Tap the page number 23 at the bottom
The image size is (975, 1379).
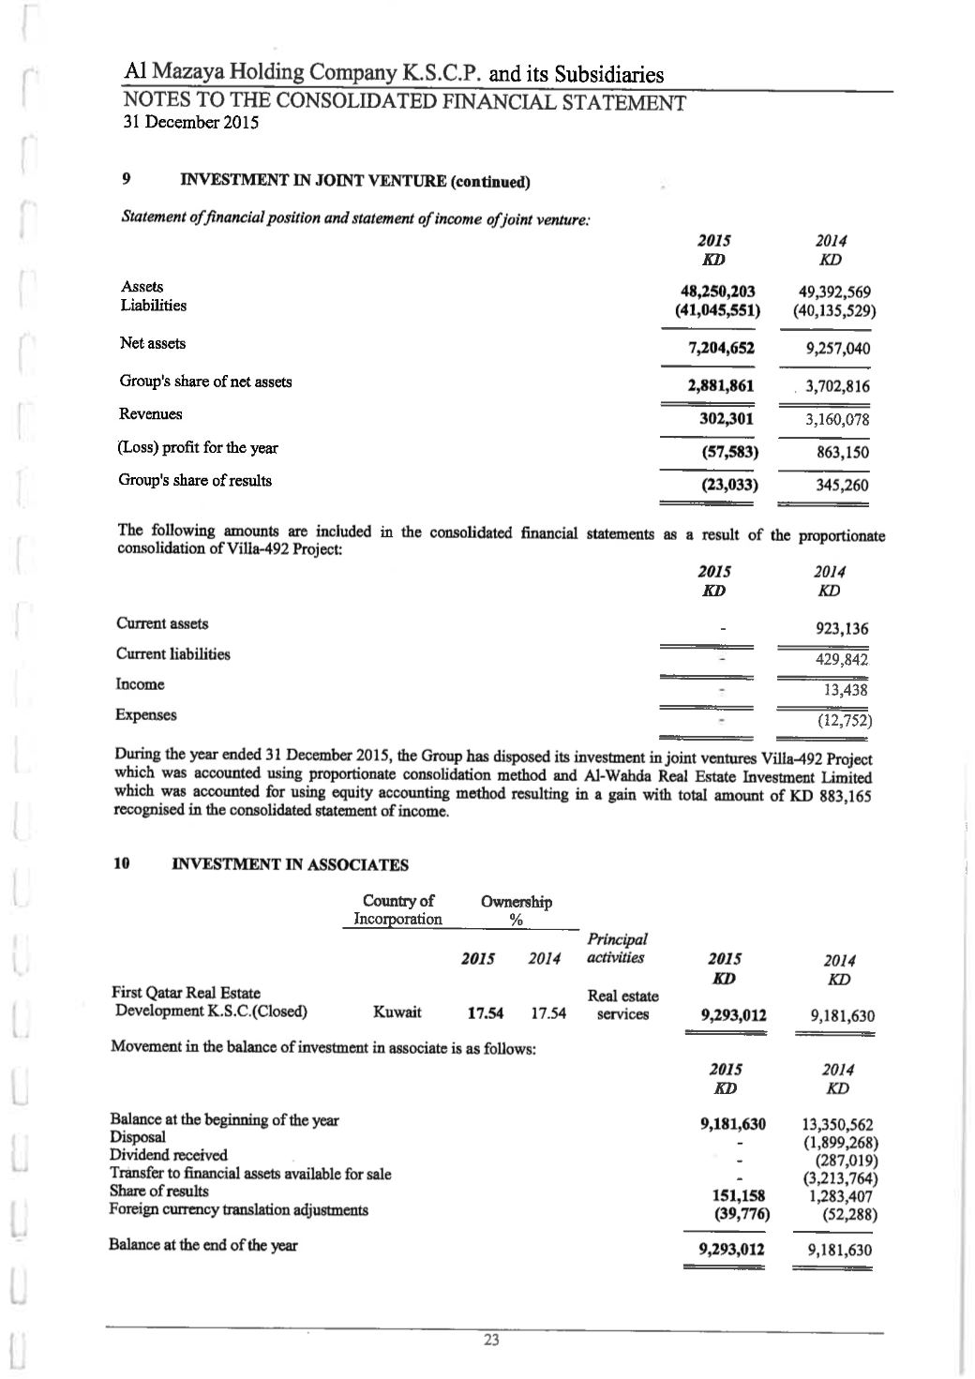(491, 1340)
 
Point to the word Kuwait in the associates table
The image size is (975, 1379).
(397, 1012)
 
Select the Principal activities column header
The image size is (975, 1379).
(616, 948)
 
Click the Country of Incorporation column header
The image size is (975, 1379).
(397, 910)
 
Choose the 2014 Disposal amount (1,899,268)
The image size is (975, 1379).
(840, 1143)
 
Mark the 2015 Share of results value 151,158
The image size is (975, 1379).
(740, 1195)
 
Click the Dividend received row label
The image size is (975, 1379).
(168, 1154)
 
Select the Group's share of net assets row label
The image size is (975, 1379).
(205, 382)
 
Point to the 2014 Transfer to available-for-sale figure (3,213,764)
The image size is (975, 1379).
(840, 1178)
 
